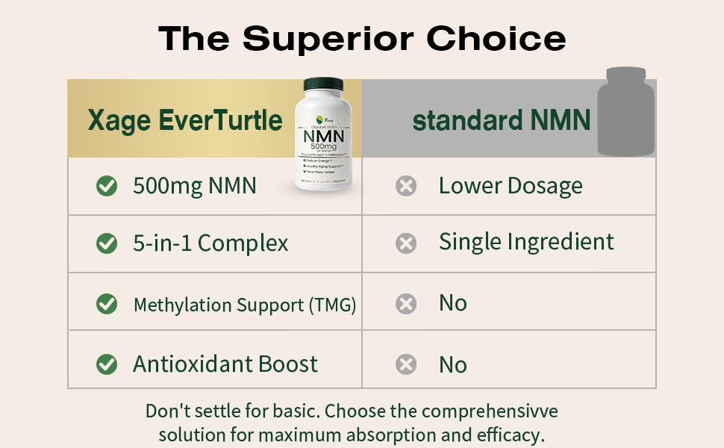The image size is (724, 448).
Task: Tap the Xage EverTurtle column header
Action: tap(185, 119)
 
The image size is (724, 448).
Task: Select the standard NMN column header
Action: tap(501, 119)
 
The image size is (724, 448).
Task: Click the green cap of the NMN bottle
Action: tap(323, 84)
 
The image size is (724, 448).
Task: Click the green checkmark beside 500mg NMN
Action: tap(107, 186)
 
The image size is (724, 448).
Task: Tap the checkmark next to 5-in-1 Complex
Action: tap(107, 243)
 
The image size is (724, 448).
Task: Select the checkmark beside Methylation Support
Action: tap(107, 304)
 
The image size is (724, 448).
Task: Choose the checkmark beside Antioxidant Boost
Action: tap(107, 364)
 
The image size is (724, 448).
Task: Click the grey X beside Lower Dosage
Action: tap(406, 186)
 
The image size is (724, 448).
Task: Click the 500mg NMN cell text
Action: tap(194, 186)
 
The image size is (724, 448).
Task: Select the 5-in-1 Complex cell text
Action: tap(210, 243)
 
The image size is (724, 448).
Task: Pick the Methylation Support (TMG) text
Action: tap(244, 305)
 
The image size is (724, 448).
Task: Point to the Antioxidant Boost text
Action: tap(225, 364)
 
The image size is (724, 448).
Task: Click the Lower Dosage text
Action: tap(511, 186)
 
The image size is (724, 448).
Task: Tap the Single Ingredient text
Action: tap(526, 242)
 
